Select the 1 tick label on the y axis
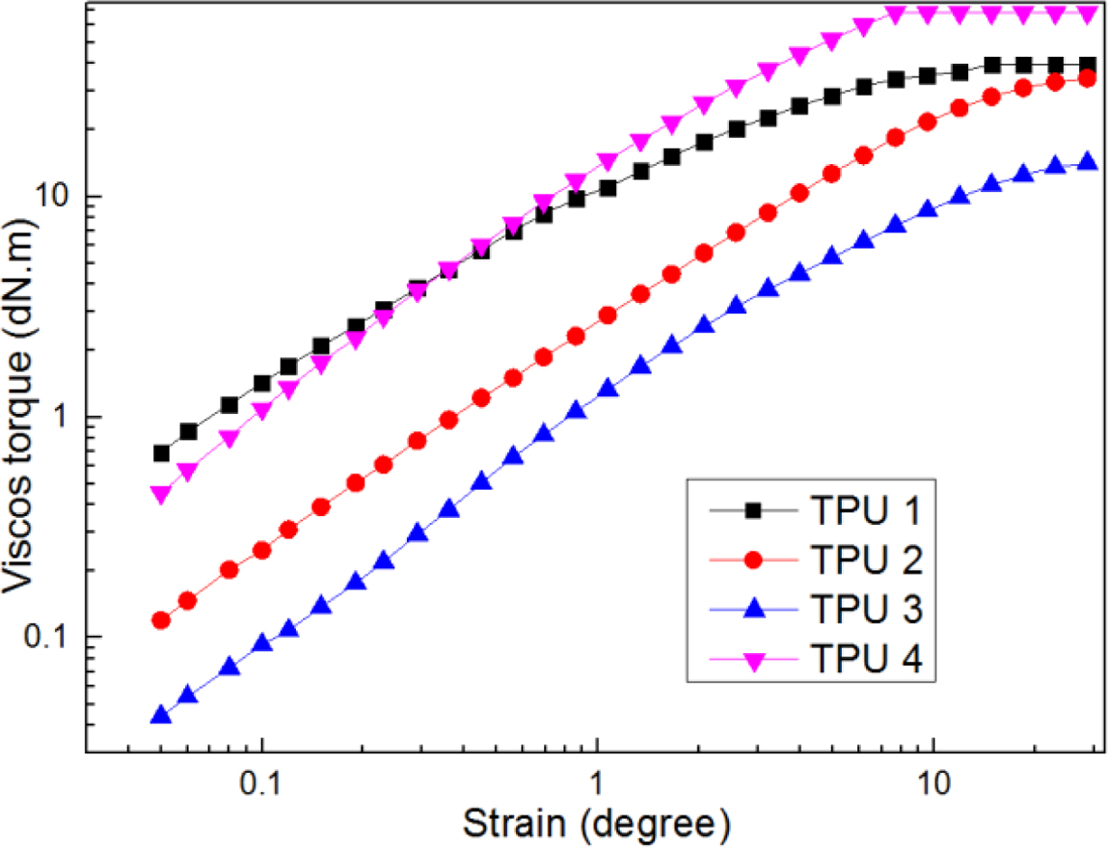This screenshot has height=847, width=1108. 67,417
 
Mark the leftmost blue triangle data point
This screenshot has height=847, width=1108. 161,716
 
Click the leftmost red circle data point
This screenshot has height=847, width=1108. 161,621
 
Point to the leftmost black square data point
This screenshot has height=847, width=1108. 162,453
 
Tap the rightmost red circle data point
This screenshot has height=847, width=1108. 1087,78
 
